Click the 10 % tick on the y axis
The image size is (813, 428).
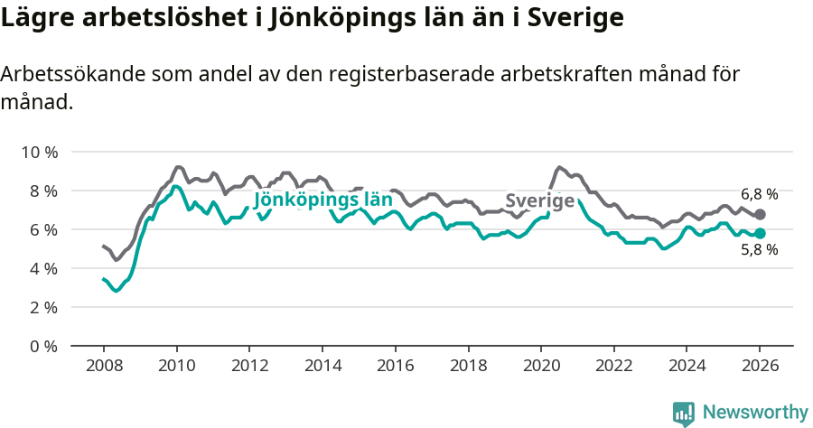[x=40, y=152]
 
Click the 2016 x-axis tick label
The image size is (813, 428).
[x=395, y=368]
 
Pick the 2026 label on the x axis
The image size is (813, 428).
[x=760, y=368]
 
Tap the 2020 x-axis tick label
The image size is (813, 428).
[x=540, y=368]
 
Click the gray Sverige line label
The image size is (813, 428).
[x=539, y=200]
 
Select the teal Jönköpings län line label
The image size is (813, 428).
[x=322, y=200]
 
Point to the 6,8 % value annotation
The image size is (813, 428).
[x=759, y=194]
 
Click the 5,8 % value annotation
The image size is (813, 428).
[x=759, y=250]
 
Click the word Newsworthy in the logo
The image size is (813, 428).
[x=755, y=413]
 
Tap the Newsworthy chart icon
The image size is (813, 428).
[x=684, y=414]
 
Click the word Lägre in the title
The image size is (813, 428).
[x=35, y=17]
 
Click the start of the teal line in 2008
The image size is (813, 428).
[x=104, y=279]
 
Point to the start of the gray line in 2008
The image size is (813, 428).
[x=104, y=246]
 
